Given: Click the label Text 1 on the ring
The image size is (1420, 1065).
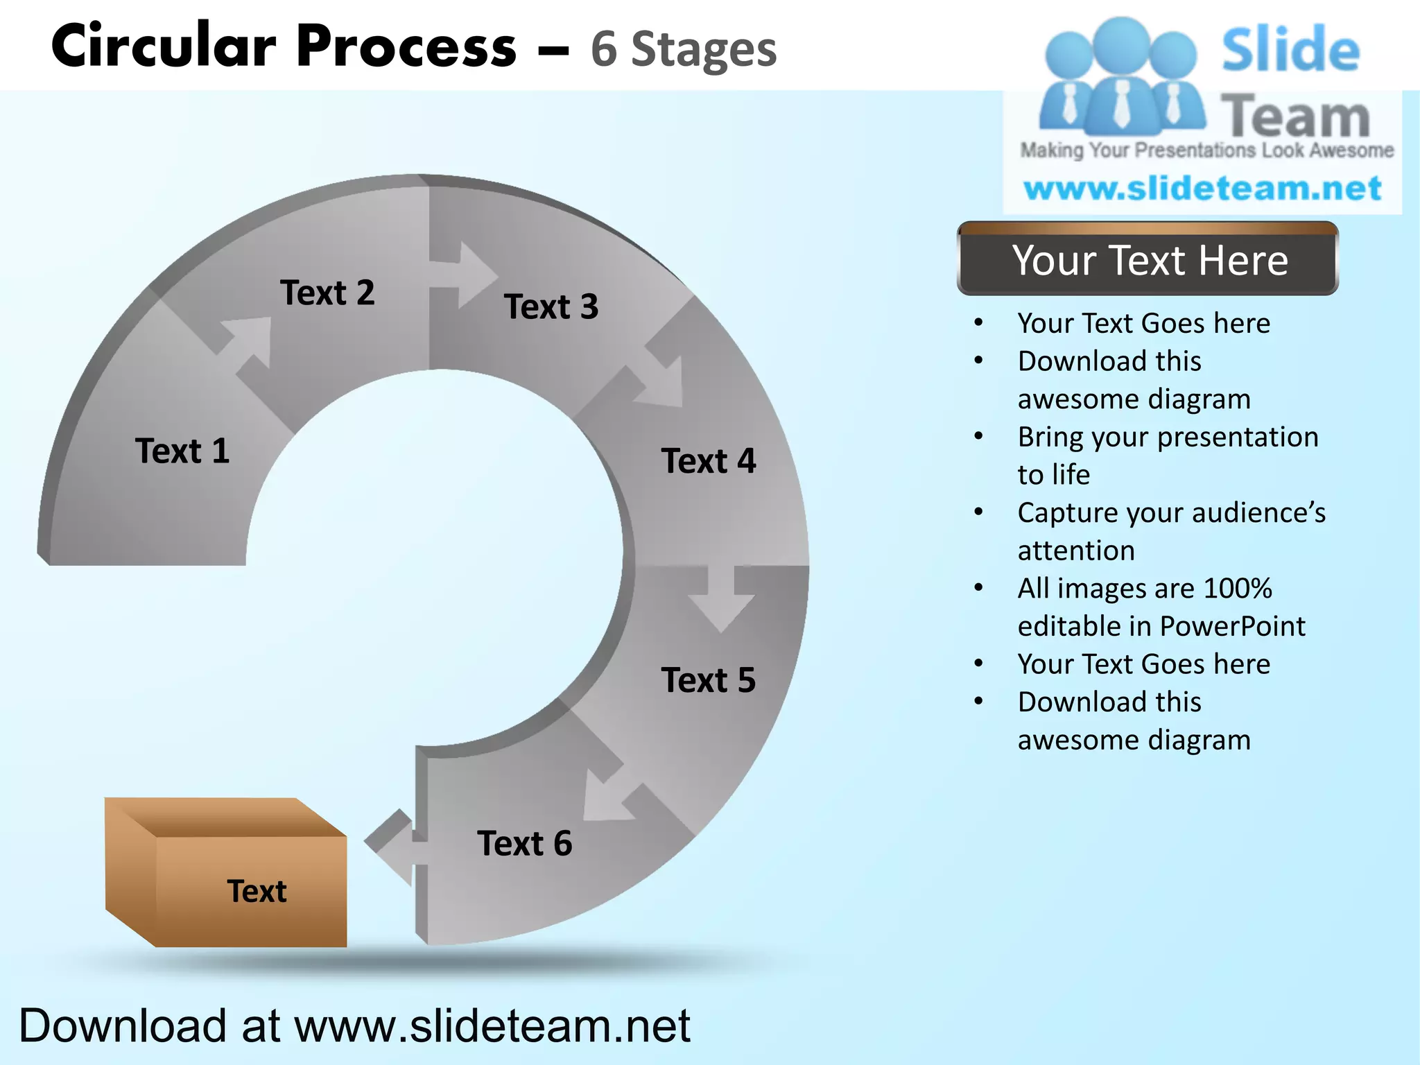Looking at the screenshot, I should pyautogui.click(x=182, y=451).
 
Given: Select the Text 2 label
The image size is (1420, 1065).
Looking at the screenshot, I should pyautogui.click(x=327, y=293).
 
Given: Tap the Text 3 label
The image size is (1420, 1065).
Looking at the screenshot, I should pyautogui.click(x=551, y=306).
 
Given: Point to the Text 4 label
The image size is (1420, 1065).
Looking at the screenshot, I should pyautogui.click(x=709, y=461).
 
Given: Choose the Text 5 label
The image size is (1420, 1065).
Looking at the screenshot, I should pyautogui.click(x=709, y=680).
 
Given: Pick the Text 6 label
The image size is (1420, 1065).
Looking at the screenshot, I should pyautogui.click(x=525, y=844).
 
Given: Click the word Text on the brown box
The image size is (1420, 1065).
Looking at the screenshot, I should pyautogui.click(x=257, y=892).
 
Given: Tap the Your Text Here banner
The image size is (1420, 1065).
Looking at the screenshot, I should pyautogui.click(x=1148, y=261).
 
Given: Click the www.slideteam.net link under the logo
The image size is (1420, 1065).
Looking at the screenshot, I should pyautogui.click(x=1202, y=189).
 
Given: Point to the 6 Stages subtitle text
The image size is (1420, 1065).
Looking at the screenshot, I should pyautogui.click(x=684, y=50).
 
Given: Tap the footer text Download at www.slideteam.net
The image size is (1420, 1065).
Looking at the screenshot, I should pyautogui.click(x=354, y=1025).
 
